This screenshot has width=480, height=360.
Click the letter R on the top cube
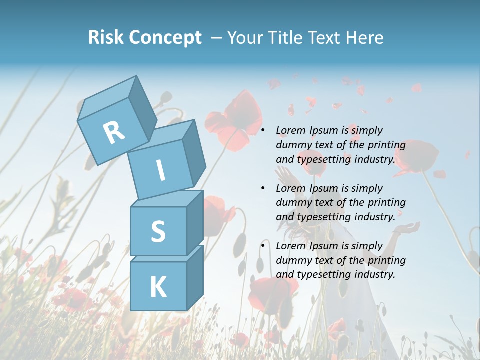(114, 132)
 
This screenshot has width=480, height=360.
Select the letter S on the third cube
(158, 231)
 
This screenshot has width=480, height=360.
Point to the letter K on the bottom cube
(158, 287)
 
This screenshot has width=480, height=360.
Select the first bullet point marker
(263, 131)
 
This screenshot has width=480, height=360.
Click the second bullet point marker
(263, 189)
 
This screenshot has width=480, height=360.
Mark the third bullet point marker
(263, 246)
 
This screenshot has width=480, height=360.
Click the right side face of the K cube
(195, 277)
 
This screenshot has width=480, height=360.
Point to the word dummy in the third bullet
(293, 260)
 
